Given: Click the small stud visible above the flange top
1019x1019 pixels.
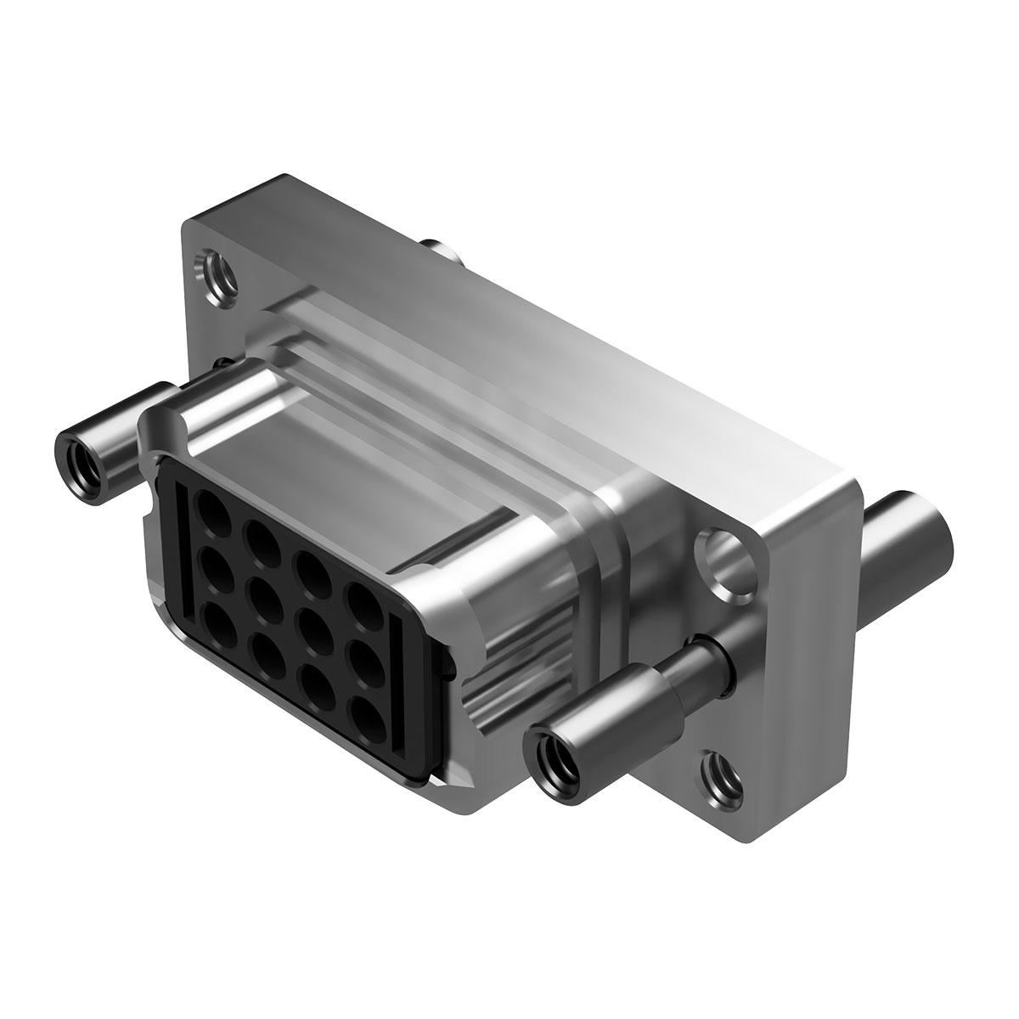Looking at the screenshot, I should (443, 251).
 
